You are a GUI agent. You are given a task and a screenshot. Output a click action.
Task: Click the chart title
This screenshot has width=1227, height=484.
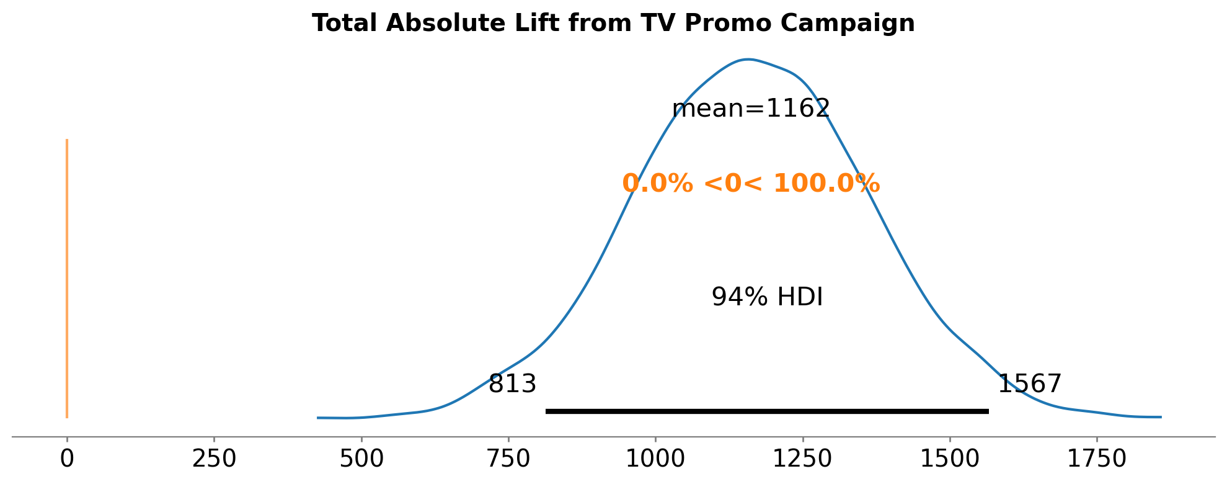(x=613, y=24)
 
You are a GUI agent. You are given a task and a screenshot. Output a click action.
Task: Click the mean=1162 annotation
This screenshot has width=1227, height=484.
(x=751, y=109)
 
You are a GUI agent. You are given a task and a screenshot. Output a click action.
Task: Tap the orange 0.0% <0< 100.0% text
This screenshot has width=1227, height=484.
(x=751, y=184)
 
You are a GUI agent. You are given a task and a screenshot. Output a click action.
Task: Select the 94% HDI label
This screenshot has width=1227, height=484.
(x=767, y=297)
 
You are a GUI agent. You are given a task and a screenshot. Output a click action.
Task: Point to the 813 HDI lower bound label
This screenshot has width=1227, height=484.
(x=512, y=384)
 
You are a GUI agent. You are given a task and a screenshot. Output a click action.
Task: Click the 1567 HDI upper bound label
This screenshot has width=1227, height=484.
(x=1029, y=384)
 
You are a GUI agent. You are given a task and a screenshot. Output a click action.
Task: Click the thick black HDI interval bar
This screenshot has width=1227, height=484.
(x=767, y=411)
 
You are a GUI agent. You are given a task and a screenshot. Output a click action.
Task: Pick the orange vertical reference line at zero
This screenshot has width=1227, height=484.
(x=67, y=279)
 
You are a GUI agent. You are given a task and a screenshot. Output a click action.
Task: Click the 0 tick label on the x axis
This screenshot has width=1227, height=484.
(x=67, y=459)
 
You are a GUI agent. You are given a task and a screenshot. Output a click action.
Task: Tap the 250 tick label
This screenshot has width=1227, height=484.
(x=214, y=459)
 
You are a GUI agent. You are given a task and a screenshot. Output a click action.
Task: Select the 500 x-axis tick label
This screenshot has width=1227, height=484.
(x=361, y=459)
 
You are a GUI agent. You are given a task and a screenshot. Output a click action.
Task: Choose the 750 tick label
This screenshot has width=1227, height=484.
(x=508, y=459)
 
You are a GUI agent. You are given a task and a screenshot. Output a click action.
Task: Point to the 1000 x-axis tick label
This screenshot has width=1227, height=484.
(x=655, y=459)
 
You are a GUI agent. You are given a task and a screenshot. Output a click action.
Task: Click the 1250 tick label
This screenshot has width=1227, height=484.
(x=802, y=459)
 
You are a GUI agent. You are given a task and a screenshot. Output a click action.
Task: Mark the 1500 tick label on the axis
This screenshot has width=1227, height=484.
(x=949, y=459)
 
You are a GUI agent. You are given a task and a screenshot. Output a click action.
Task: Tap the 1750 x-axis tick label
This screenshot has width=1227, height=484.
(x=1096, y=459)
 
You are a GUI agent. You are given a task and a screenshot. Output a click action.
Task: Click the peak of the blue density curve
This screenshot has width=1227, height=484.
(x=748, y=60)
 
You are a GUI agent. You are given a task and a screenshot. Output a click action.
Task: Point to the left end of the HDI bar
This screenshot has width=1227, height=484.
(x=547, y=411)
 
